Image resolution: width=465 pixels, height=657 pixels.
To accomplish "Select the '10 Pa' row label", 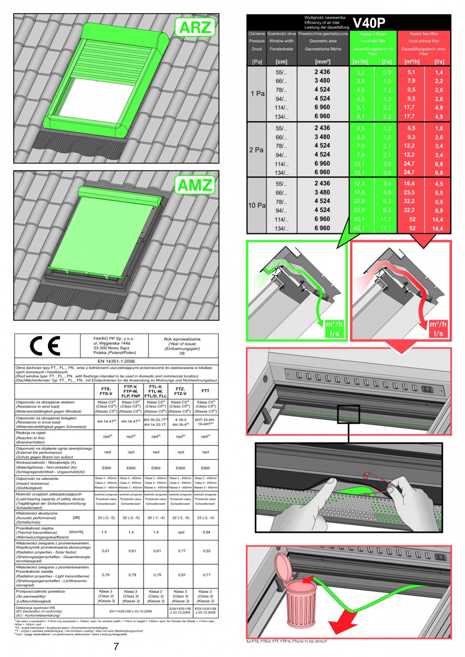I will pyautogui.click(x=257, y=206).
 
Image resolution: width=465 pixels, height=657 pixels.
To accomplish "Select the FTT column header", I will pyautogui.click(x=205, y=390).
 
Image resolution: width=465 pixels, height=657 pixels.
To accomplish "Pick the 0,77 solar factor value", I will pyautogui.click(x=180, y=551).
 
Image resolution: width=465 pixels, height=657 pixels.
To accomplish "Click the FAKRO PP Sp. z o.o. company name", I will pyautogui.click(x=111, y=337).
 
